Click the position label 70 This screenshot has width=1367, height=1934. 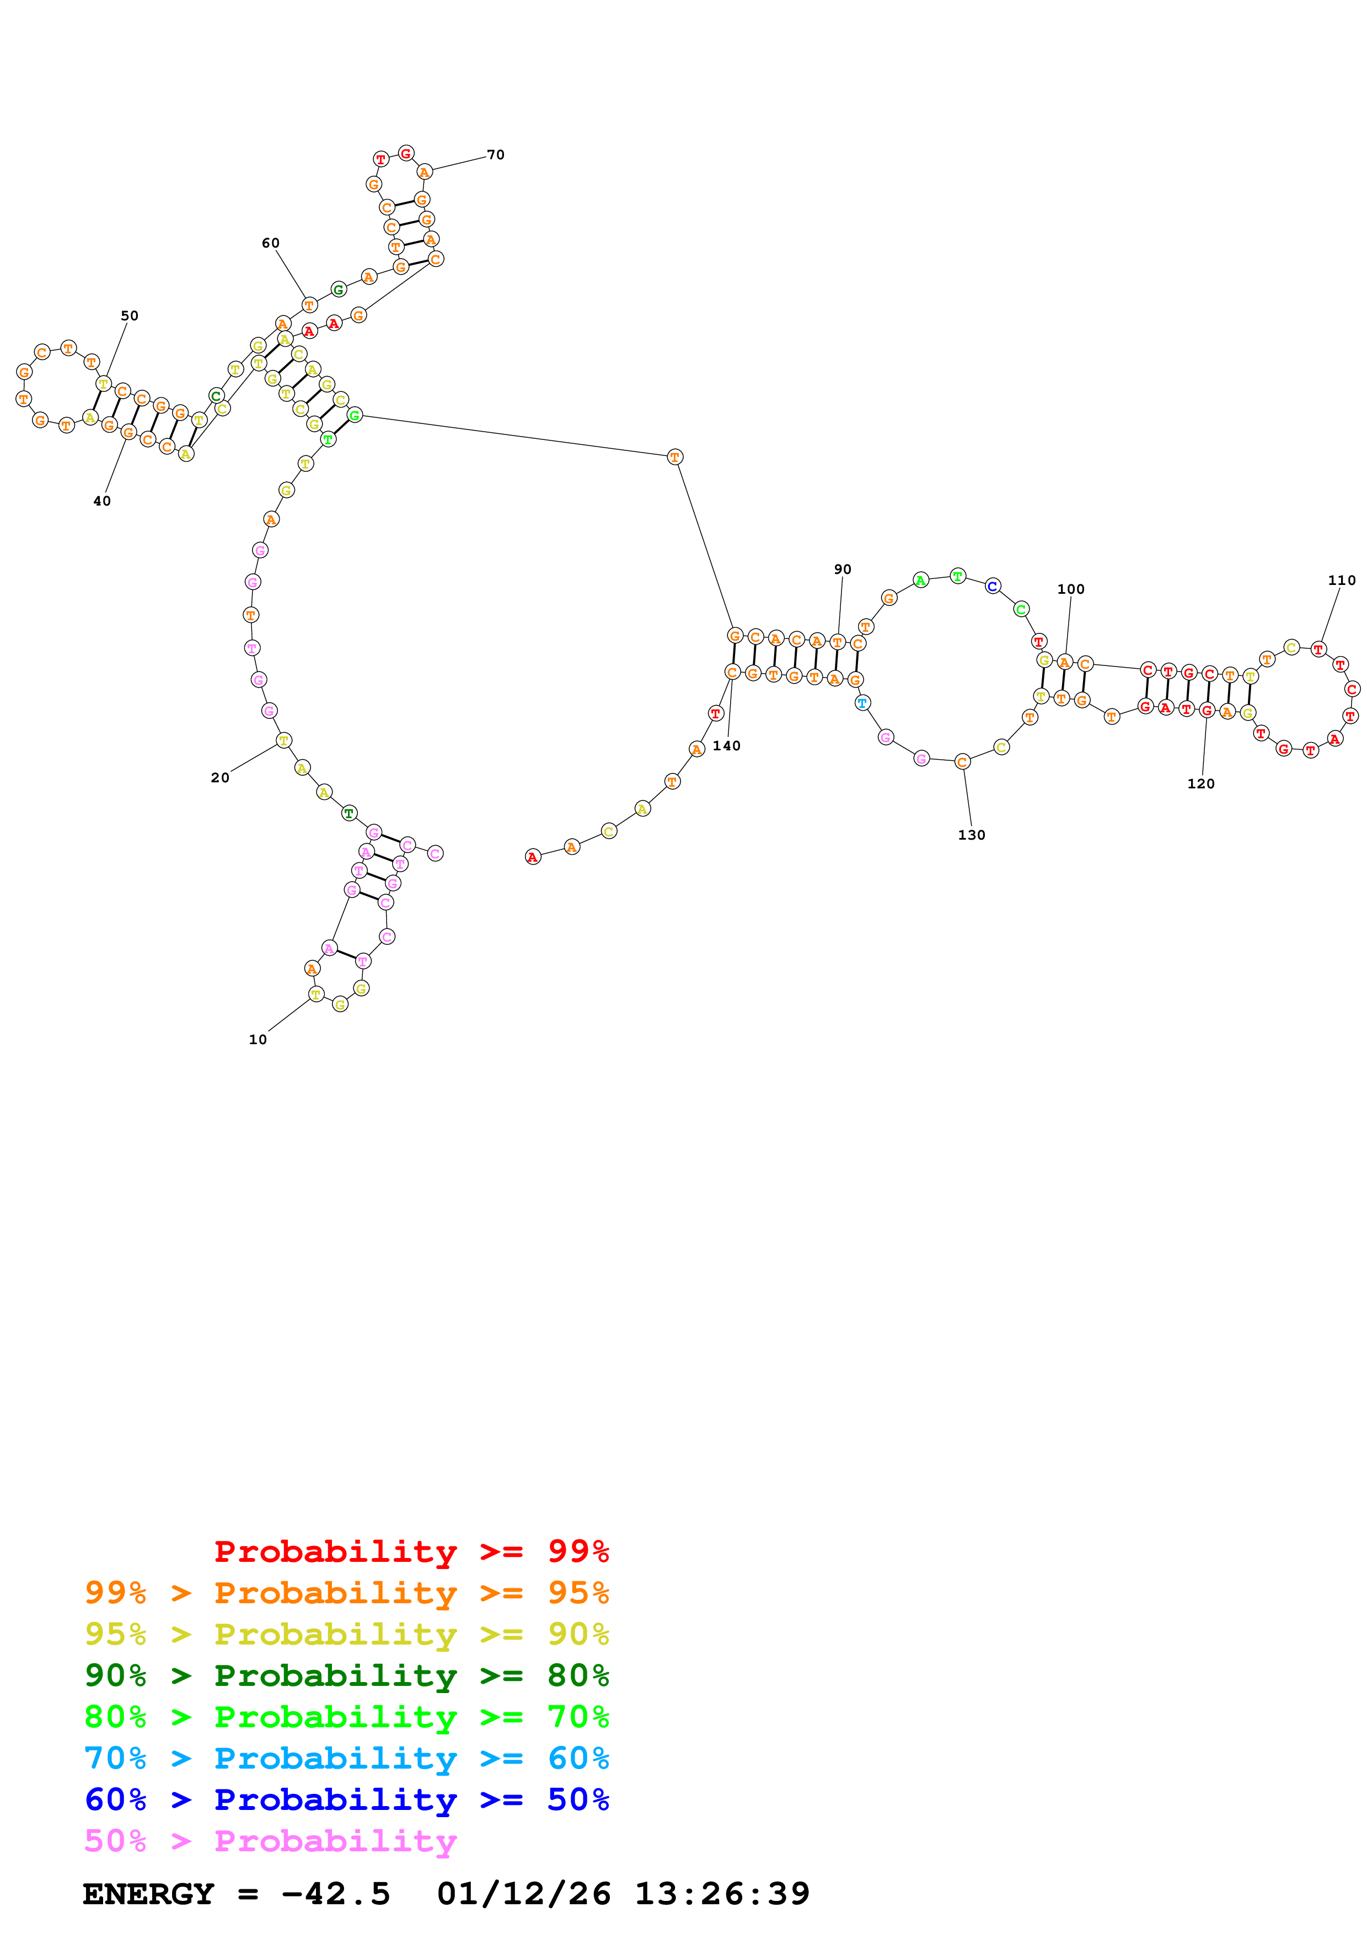495,155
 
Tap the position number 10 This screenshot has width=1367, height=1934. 258,1039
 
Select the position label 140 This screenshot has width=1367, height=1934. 726,745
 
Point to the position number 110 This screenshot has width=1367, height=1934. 1342,581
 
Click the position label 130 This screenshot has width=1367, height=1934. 971,835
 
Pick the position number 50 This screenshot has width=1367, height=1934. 130,316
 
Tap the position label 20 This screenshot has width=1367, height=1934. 220,777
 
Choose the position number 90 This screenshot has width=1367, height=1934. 842,570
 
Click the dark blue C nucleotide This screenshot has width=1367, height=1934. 992,585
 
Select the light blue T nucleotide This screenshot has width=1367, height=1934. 862,702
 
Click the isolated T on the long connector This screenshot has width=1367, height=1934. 674,456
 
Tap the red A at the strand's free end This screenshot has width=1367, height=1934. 532,857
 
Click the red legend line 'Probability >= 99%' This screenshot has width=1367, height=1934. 411,1551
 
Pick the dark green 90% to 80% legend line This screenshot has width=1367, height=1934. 346,1675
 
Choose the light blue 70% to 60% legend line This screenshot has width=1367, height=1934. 346,1758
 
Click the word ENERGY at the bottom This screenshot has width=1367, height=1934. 148,1894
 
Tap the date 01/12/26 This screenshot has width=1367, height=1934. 523,1894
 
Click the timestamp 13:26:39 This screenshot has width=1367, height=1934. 722,1894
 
